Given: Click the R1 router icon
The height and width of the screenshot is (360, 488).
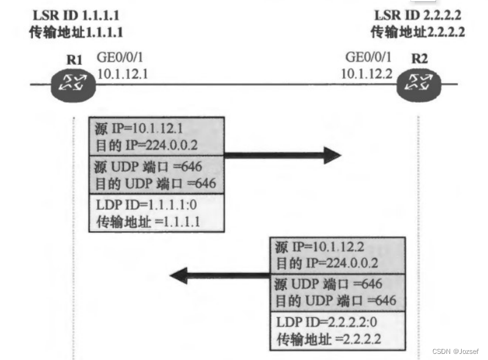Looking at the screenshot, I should click(73, 85).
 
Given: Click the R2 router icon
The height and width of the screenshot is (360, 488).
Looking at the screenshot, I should click(418, 85).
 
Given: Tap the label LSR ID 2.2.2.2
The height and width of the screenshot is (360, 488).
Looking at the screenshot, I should click(418, 15).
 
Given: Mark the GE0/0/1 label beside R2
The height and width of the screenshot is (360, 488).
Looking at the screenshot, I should click(368, 58).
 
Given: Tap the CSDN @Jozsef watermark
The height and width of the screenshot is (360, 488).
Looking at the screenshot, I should click(455, 351).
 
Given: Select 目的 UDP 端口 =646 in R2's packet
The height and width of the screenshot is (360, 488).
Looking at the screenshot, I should click(335, 300).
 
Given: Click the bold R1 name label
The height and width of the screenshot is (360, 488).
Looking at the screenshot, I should click(75, 61).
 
